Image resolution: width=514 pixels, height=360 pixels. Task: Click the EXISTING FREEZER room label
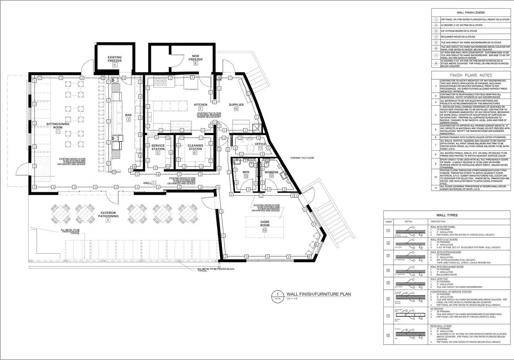115,59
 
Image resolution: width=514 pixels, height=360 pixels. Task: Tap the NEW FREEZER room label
196,58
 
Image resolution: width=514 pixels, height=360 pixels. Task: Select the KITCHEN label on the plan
201,105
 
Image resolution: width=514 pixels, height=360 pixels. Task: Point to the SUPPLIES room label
236,105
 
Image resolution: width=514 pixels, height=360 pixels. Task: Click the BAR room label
128,115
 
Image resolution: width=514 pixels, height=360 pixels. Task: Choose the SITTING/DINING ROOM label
58,126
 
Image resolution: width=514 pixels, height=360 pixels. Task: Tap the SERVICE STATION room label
158,147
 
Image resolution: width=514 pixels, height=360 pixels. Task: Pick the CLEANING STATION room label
195,147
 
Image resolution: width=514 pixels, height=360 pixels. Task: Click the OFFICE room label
261,144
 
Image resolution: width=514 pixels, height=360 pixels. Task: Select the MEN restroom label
246,172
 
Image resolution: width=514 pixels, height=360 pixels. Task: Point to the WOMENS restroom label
271,172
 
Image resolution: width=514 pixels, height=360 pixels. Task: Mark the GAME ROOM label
265,224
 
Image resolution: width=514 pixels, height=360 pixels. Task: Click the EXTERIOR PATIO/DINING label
108,215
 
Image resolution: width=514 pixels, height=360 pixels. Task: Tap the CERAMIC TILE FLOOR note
302,157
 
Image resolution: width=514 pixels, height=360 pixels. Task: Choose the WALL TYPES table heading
447,215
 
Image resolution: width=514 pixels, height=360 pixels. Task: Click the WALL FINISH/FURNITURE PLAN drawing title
316,294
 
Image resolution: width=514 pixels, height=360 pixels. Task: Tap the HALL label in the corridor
147,183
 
